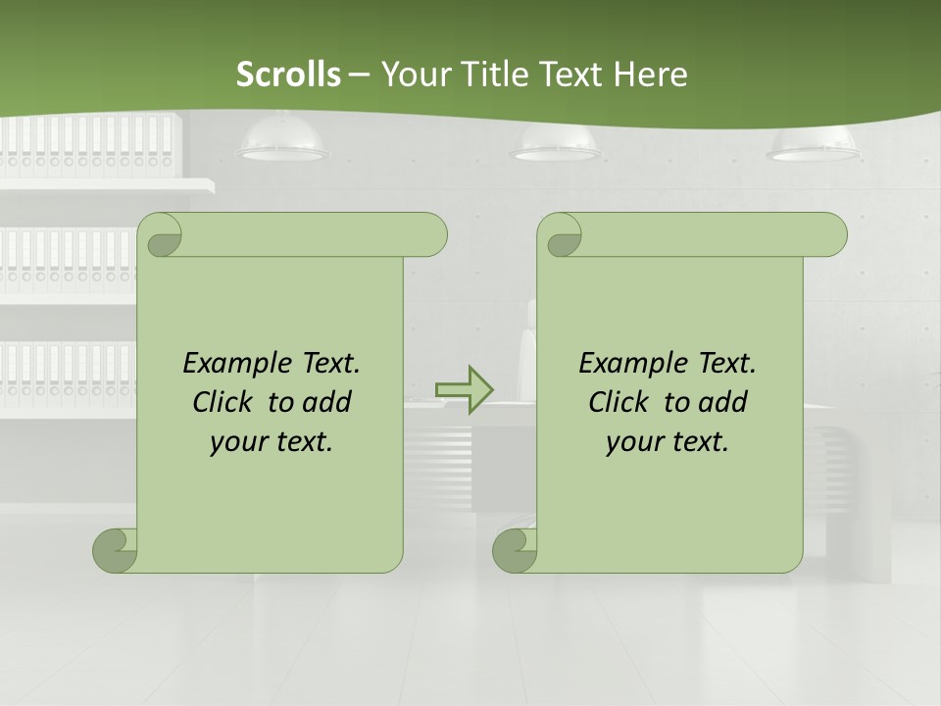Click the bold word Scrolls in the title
point(288,75)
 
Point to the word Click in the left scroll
point(224,402)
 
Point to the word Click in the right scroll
point(620,402)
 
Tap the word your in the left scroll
point(236,442)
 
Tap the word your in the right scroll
point(632,442)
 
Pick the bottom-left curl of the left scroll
point(115,549)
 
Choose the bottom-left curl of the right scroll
point(515,549)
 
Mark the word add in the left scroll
point(328,402)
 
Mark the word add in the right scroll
point(724,402)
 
